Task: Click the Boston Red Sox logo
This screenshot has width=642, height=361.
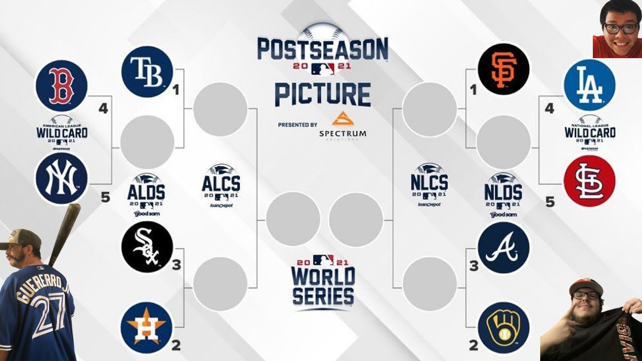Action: [61, 86]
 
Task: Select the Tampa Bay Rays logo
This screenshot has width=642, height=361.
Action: [147, 72]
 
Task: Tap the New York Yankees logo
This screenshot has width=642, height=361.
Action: [61, 178]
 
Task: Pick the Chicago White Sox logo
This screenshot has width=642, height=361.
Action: [147, 247]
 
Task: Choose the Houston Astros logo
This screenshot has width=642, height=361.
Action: [146, 327]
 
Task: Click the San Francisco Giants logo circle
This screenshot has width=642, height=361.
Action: [504, 69]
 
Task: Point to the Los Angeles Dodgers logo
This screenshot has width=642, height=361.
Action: [589, 85]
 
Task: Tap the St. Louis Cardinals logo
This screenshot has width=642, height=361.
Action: [589, 181]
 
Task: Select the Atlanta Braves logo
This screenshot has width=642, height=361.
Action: [504, 248]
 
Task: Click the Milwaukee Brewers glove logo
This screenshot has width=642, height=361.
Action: [504, 327]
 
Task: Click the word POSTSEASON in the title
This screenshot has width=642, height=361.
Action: [323, 50]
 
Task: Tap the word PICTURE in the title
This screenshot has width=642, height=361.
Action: [323, 95]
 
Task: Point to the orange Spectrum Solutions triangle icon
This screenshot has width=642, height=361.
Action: [343, 119]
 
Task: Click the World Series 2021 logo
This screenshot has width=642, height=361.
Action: [323, 282]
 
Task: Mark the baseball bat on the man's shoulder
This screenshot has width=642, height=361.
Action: [65, 233]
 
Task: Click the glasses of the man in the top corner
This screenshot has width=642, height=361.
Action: [620, 28]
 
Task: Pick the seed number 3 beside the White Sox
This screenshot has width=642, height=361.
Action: [176, 265]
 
